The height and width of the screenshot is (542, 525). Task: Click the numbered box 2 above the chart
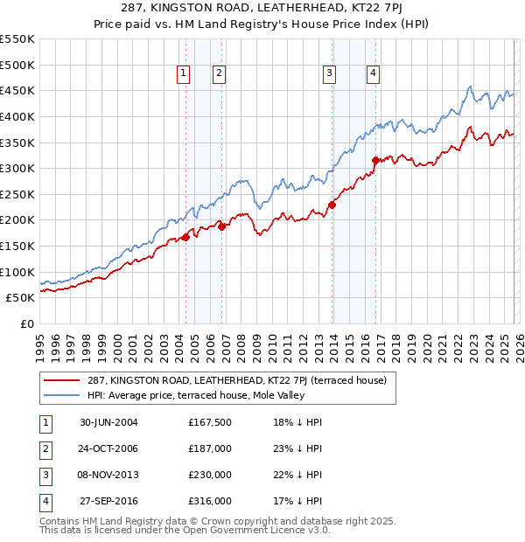pyautogui.click(x=218, y=74)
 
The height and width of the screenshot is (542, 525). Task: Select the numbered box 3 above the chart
pyautogui.click(x=330, y=74)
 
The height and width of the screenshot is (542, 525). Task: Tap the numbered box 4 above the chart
pyautogui.click(x=373, y=74)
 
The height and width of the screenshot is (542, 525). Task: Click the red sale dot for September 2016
pyautogui.click(x=375, y=160)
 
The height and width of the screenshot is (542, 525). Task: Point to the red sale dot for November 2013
pyautogui.click(x=332, y=205)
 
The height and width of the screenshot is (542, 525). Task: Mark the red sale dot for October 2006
pyautogui.click(x=222, y=226)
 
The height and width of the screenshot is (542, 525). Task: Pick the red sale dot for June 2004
pyautogui.click(x=186, y=237)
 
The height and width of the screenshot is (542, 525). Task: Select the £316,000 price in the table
pyautogui.click(x=210, y=501)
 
